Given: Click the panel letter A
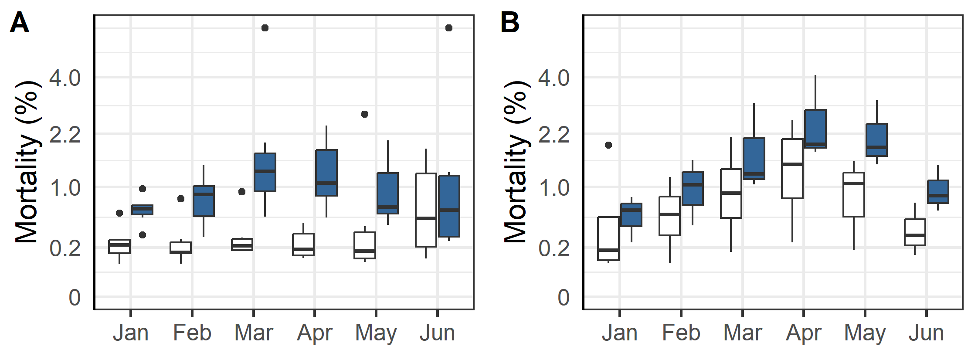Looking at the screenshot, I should (x=19, y=23).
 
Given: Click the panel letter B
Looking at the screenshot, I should (x=509, y=23).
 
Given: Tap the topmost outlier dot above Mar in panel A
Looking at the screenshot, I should (x=265, y=28).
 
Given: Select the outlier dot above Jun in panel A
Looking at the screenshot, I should (x=449, y=28).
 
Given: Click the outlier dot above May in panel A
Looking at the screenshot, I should (x=365, y=114).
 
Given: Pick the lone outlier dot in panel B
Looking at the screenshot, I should (x=608, y=145).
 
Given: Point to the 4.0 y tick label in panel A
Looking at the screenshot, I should (x=65, y=78).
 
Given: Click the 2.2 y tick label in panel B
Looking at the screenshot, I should (x=554, y=135).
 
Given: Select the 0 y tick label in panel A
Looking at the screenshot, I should (x=75, y=298).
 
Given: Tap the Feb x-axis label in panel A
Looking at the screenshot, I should (x=192, y=333).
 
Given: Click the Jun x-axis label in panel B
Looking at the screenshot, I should (x=926, y=333).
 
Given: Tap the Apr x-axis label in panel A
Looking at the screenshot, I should (x=315, y=333).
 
